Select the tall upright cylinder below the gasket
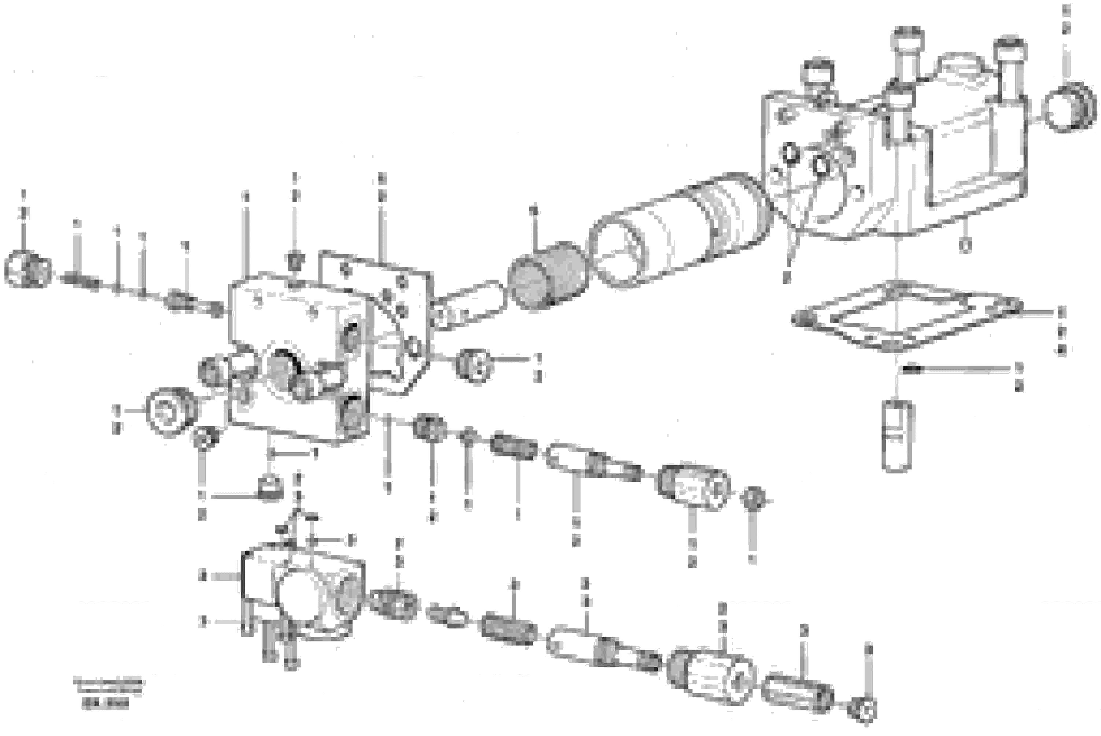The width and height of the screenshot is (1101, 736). click(897, 436)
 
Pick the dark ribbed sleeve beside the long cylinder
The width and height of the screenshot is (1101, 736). click(547, 275)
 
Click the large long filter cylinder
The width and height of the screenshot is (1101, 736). click(676, 230)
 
